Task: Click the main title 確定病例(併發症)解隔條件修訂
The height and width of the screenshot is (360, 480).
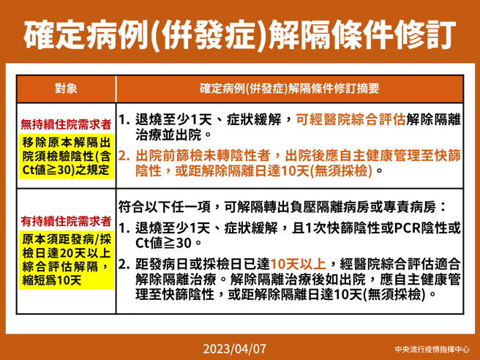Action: pyautogui.click(x=240, y=33)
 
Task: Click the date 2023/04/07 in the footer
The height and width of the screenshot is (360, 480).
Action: pyautogui.click(x=240, y=346)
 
